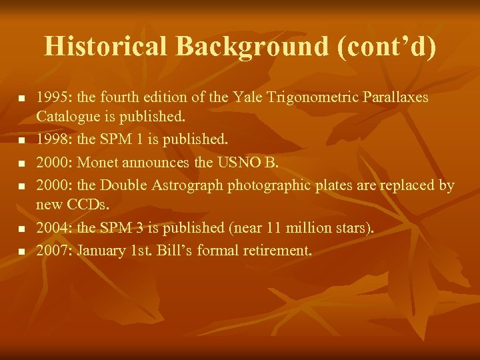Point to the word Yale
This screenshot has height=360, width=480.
coord(247,98)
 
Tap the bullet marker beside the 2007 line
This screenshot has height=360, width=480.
coord(21,251)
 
